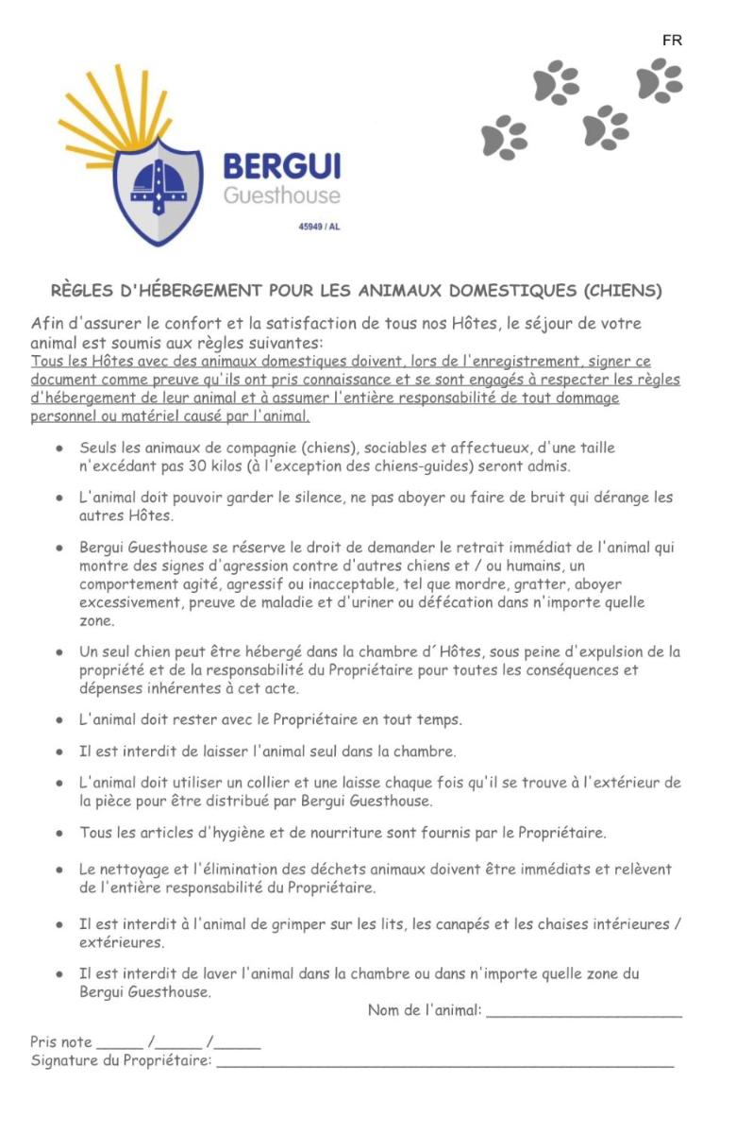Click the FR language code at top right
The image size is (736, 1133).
(672, 41)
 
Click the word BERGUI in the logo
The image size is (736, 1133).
(281, 167)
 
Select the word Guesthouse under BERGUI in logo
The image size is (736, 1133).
(281, 195)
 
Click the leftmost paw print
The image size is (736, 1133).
(505, 137)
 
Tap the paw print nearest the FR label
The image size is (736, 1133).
(660, 79)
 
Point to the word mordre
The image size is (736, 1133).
(483, 584)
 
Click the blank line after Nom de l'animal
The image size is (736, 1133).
(584, 1011)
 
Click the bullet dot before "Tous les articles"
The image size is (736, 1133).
(59, 834)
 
